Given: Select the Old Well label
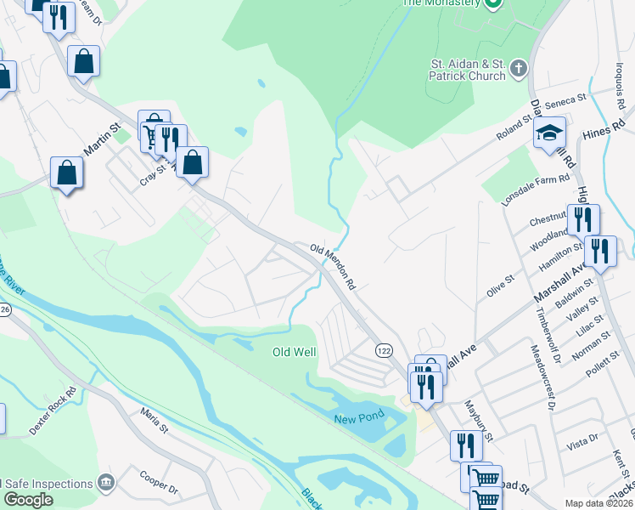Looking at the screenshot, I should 294,352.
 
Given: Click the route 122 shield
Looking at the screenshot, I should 384,349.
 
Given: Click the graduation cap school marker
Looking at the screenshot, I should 549,133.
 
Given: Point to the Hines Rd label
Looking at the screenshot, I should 604,128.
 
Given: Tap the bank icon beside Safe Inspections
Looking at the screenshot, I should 105,484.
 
